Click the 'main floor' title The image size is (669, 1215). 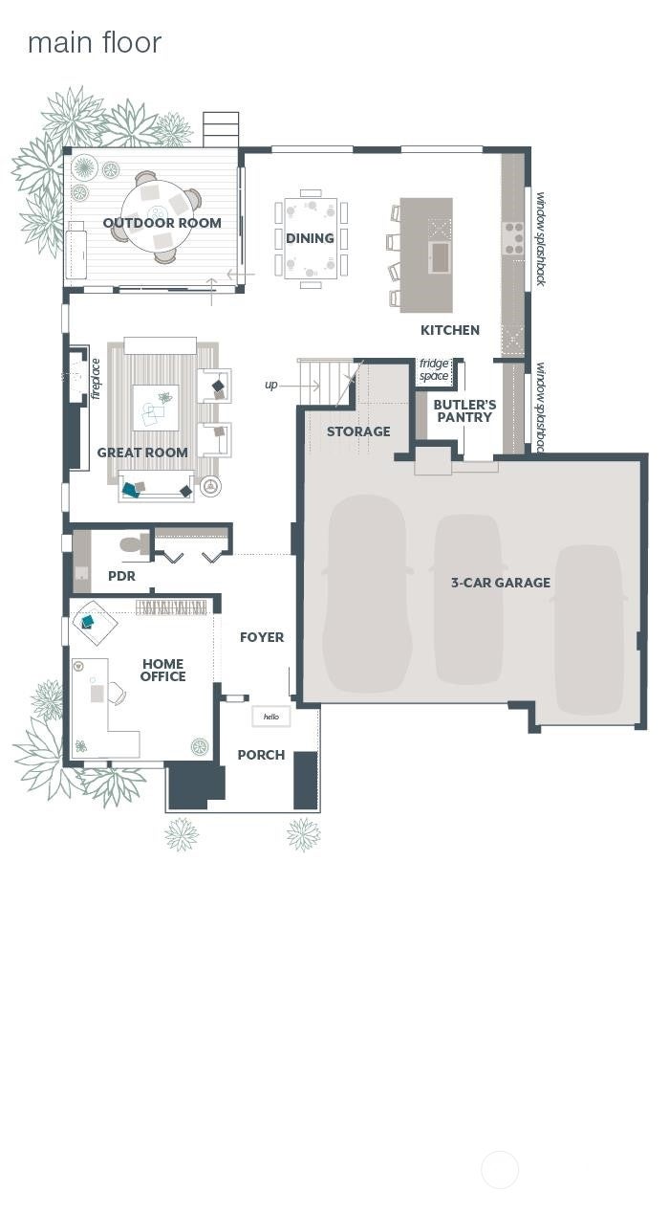[x=95, y=43]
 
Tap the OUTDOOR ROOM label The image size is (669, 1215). [x=162, y=223]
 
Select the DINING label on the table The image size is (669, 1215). [x=310, y=238]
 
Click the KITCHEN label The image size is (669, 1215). [x=450, y=330]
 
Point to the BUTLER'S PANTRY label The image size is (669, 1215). [x=464, y=411]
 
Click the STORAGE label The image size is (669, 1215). [x=358, y=431]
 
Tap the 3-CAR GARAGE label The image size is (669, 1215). [x=501, y=583]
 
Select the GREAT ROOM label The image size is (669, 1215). [x=142, y=453]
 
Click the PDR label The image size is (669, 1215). [x=122, y=576]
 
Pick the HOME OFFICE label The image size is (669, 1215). [x=163, y=670]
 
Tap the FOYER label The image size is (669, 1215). [x=262, y=637]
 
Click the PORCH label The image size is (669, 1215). [x=261, y=755]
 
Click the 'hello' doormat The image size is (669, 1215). [x=270, y=717]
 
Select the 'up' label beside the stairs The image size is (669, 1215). [x=270, y=386]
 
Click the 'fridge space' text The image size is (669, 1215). [x=434, y=369]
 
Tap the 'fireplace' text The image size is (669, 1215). [x=96, y=379]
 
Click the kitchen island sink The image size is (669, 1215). [x=440, y=257]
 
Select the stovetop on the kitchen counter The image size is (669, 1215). [x=512, y=238]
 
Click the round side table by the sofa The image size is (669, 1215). [x=210, y=486]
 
